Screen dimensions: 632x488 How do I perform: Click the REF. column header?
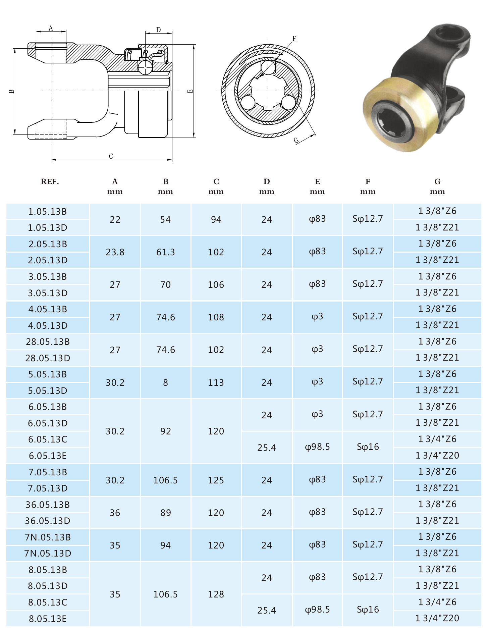pos(50,181)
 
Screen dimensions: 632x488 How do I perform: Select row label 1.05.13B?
pos(48,212)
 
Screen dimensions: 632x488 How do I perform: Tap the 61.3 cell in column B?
pos(165,252)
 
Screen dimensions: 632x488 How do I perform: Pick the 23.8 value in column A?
pos(115,252)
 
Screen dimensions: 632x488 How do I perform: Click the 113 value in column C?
pos(216,382)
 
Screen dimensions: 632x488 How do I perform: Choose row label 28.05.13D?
pos(48,358)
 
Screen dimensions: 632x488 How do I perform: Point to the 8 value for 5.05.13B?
pos(165,382)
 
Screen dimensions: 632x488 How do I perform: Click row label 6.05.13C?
pos(48,439)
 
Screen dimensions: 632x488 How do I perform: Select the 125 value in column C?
pos(216,480)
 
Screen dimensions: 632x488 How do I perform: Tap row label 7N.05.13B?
pos(48,537)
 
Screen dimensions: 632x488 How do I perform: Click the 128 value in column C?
pos(216,594)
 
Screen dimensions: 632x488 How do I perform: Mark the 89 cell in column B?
pos(165,513)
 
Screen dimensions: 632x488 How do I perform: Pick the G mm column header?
pos(437,186)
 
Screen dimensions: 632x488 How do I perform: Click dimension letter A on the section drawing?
pos(51,28)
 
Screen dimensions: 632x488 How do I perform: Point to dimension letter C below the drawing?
pos(111,156)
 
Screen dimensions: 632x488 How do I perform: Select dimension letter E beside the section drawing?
pos(190,91)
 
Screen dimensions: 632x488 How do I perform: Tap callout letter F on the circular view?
pos(294,38)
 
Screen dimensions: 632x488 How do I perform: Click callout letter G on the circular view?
pos(296,140)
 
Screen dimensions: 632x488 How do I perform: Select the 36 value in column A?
pos(115,513)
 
